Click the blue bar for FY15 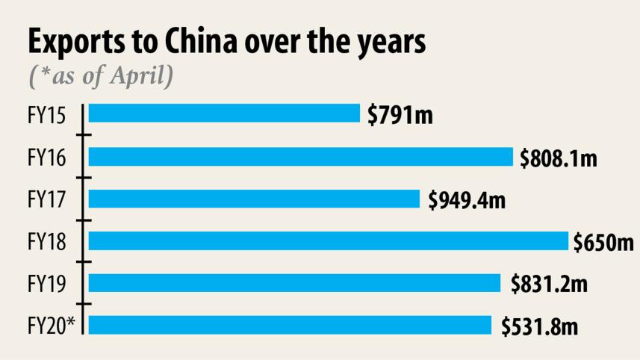[x=224, y=114]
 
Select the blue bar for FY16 [x=301, y=157]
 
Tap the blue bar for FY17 [x=254, y=199]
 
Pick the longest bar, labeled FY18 [x=329, y=241]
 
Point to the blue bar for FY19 [x=294, y=283]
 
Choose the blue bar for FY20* [x=290, y=326]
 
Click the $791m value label [x=400, y=115]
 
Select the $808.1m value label [x=559, y=158]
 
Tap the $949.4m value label [x=467, y=200]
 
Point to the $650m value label [x=603, y=243]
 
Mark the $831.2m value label [x=549, y=285]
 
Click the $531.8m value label [x=540, y=327]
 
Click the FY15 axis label [x=46, y=116]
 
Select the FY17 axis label [x=46, y=200]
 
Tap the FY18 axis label [x=46, y=243]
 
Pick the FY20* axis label [x=52, y=326]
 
